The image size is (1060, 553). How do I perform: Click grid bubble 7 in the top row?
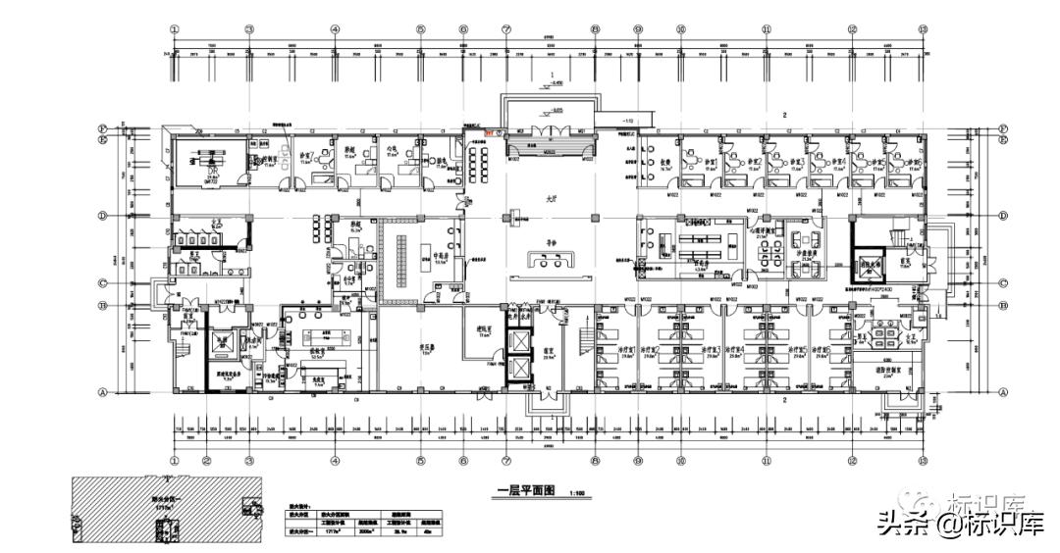pos(506,29)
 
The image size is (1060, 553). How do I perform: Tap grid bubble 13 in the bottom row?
pos(922,459)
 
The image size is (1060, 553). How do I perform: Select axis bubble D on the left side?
pos(101,216)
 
